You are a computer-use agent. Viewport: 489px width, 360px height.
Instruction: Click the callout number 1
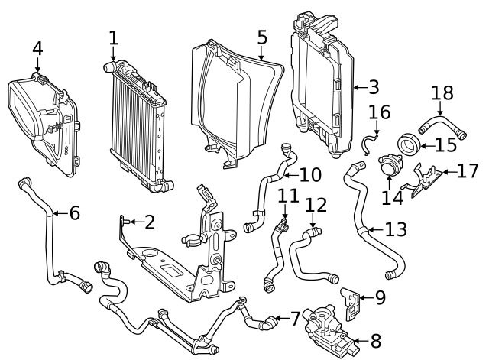click(x=113, y=37)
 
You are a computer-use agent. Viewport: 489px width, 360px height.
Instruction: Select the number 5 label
click(x=261, y=37)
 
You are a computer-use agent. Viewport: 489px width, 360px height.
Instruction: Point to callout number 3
click(x=373, y=86)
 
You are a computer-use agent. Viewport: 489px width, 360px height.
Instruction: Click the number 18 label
click(x=442, y=93)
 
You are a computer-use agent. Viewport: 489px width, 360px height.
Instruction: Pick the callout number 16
click(x=380, y=113)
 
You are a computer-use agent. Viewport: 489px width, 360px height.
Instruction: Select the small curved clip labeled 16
click(x=371, y=139)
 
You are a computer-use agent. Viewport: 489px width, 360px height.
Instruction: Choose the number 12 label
click(x=316, y=205)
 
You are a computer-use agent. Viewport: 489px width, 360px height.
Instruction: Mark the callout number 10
click(x=309, y=174)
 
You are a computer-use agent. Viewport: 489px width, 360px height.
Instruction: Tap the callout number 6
click(x=74, y=213)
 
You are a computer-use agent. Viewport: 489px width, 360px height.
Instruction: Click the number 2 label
click(x=149, y=222)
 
